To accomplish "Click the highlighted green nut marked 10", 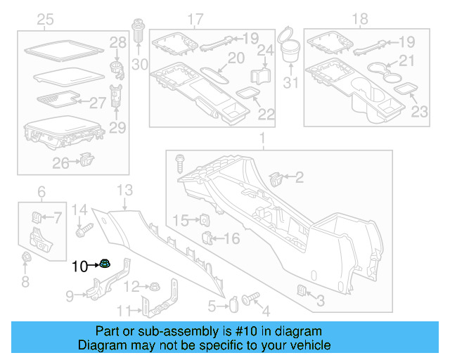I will (x=105, y=265).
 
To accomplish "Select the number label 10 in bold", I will (x=79, y=266).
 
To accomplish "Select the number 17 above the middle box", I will (x=195, y=19).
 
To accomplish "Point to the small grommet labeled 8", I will (x=25, y=258).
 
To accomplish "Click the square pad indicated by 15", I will (x=201, y=220).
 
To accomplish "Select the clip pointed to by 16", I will (x=208, y=238).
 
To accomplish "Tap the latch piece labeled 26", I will (x=85, y=160).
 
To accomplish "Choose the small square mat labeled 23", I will (x=404, y=89).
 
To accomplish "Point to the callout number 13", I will (x=124, y=189).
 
